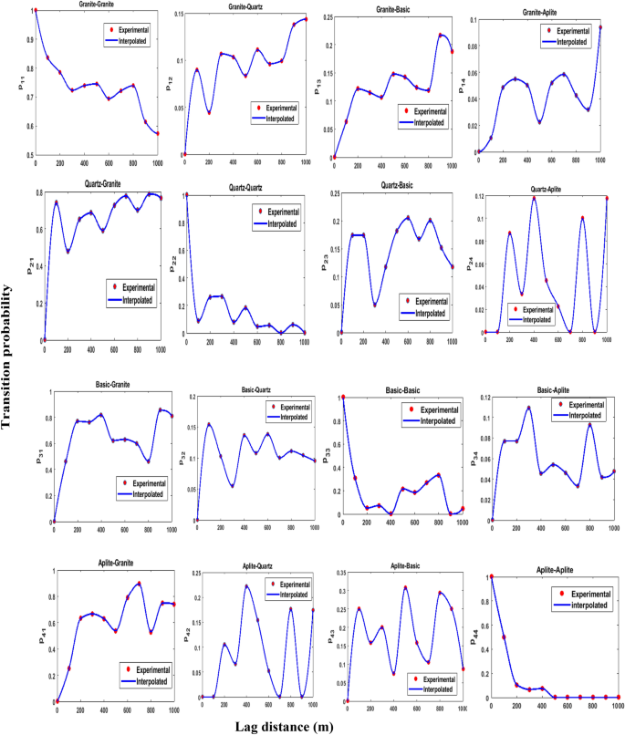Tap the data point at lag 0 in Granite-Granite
(x=36, y=10)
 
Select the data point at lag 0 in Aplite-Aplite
(x=491, y=576)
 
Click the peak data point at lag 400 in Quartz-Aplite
(x=534, y=198)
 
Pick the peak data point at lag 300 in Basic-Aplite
(x=528, y=408)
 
